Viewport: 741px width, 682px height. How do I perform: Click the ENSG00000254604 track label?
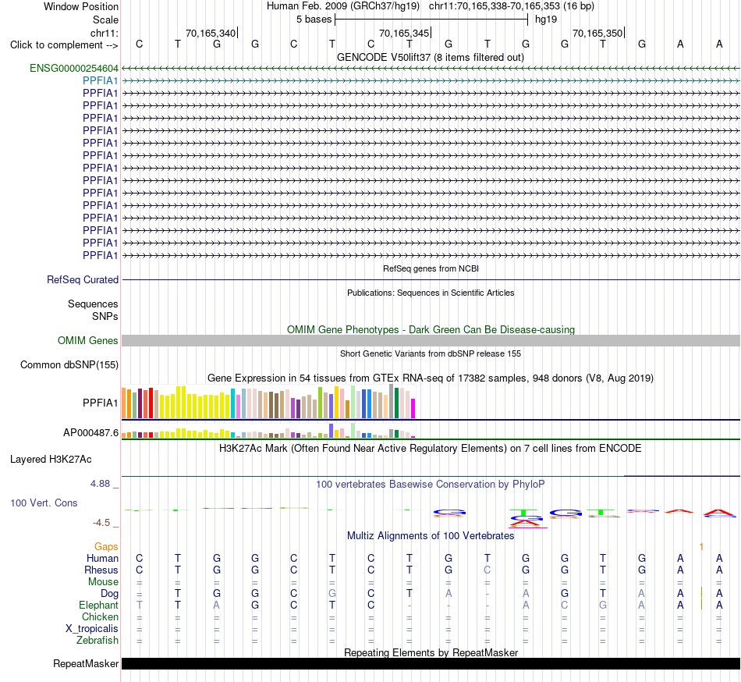(74, 69)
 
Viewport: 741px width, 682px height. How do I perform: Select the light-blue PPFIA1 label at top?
(100, 81)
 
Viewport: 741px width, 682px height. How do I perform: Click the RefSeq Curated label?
(83, 280)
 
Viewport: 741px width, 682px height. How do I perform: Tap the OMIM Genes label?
(88, 341)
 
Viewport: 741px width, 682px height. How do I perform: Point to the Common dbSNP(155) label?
(69, 365)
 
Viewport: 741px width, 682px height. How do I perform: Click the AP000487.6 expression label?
(90, 432)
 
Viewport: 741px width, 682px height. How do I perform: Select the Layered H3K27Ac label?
(51, 460)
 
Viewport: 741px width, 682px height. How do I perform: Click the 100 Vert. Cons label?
(44, 503)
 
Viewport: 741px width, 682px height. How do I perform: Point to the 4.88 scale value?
(100, 484)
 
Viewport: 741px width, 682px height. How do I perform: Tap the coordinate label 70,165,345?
(404, 33)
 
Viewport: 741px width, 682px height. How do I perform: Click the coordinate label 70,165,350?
(597, 33)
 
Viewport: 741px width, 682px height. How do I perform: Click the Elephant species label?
(99, 605)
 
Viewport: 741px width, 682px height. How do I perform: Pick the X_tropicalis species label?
(92, 629)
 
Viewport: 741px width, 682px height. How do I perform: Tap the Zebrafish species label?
(97, 641)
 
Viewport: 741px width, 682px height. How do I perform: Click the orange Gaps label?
(106, 547)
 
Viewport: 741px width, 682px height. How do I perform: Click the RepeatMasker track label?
(86, 663)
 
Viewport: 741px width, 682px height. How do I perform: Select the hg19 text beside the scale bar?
(546, 20)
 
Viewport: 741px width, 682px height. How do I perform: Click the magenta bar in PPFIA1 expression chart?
(413, 409)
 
